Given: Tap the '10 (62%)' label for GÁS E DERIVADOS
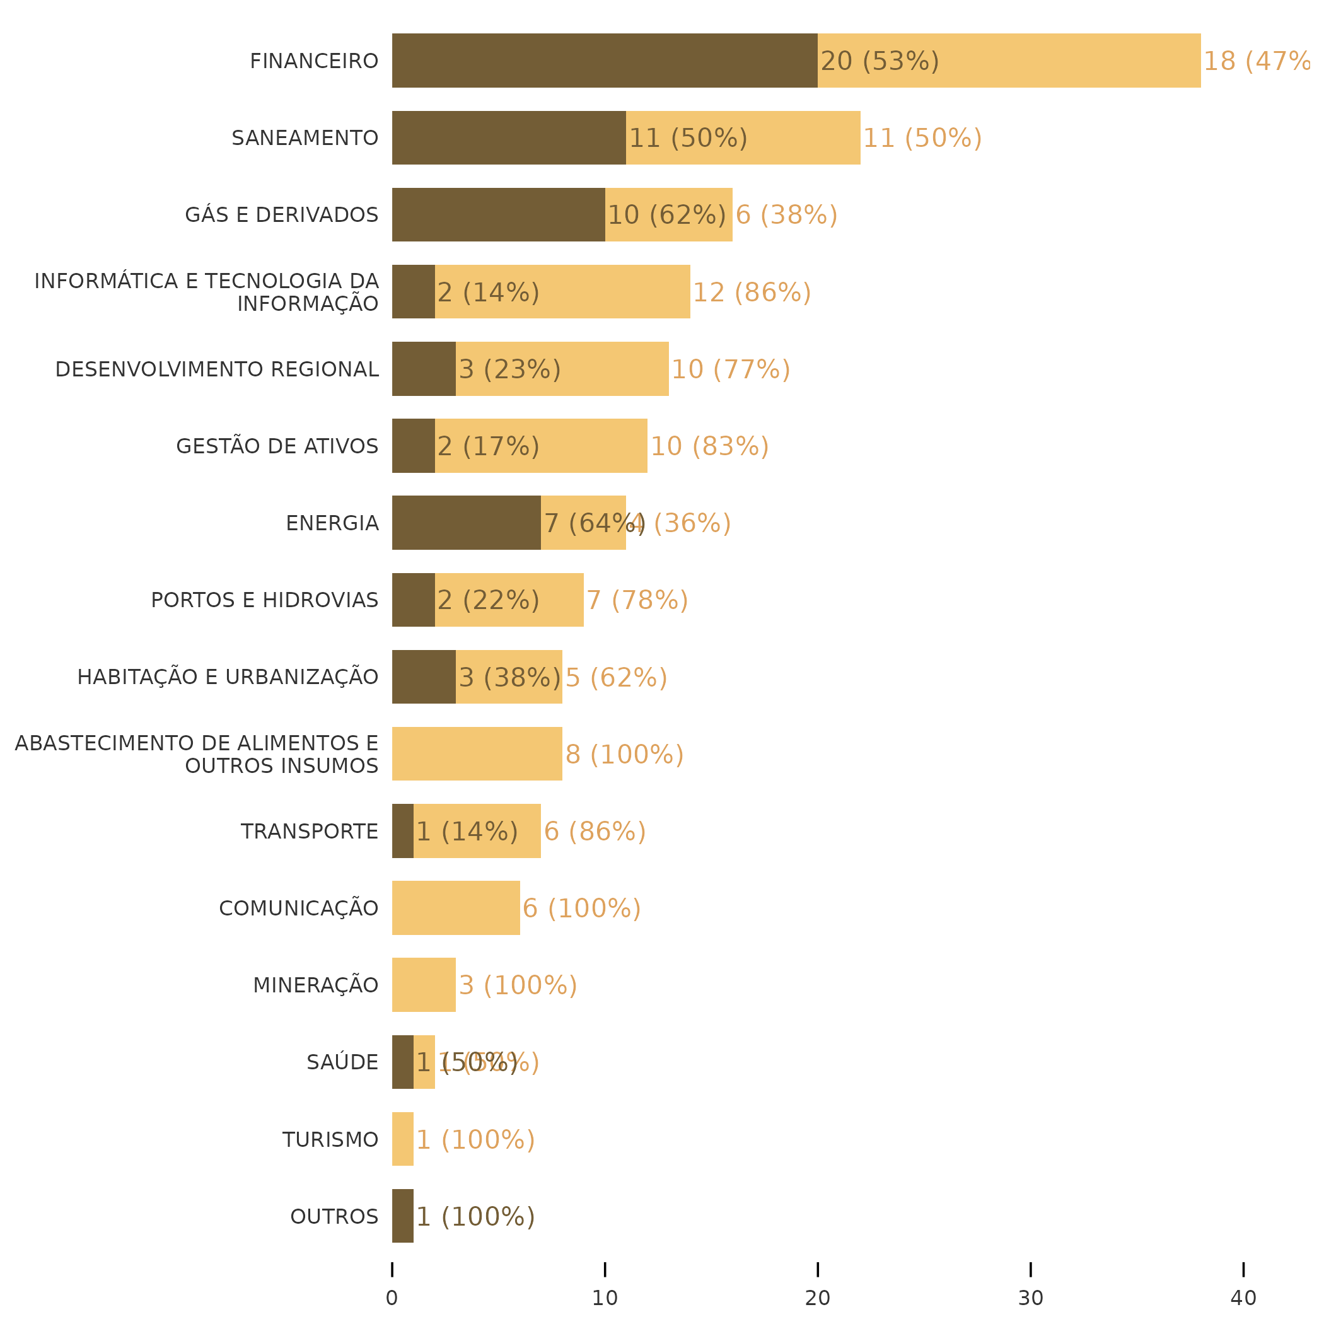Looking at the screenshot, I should [666, 215].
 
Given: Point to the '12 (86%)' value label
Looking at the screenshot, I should [752, 293].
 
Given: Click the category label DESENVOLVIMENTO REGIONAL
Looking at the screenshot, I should [216, 369].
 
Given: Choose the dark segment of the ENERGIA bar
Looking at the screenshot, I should [466, 523].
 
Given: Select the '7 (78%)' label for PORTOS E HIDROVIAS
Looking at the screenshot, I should [637, 600].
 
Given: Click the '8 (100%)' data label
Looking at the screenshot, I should [624, 755].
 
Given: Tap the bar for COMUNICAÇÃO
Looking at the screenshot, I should [456, 908].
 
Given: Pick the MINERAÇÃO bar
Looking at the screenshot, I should [424, 985].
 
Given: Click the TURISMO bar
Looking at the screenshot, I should [402, 1139].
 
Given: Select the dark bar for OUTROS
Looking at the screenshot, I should [402, 1216].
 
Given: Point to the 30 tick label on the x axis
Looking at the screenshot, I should [1030, 1298].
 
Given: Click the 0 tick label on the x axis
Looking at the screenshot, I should [392, 1298].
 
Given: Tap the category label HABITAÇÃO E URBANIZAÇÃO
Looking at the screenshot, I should [228, 677].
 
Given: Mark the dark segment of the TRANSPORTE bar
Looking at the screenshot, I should [402, 830].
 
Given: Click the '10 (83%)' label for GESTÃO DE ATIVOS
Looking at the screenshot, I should [709, 446].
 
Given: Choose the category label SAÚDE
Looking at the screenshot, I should [342, 1062].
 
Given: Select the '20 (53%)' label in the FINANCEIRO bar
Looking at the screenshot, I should [880, 61].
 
